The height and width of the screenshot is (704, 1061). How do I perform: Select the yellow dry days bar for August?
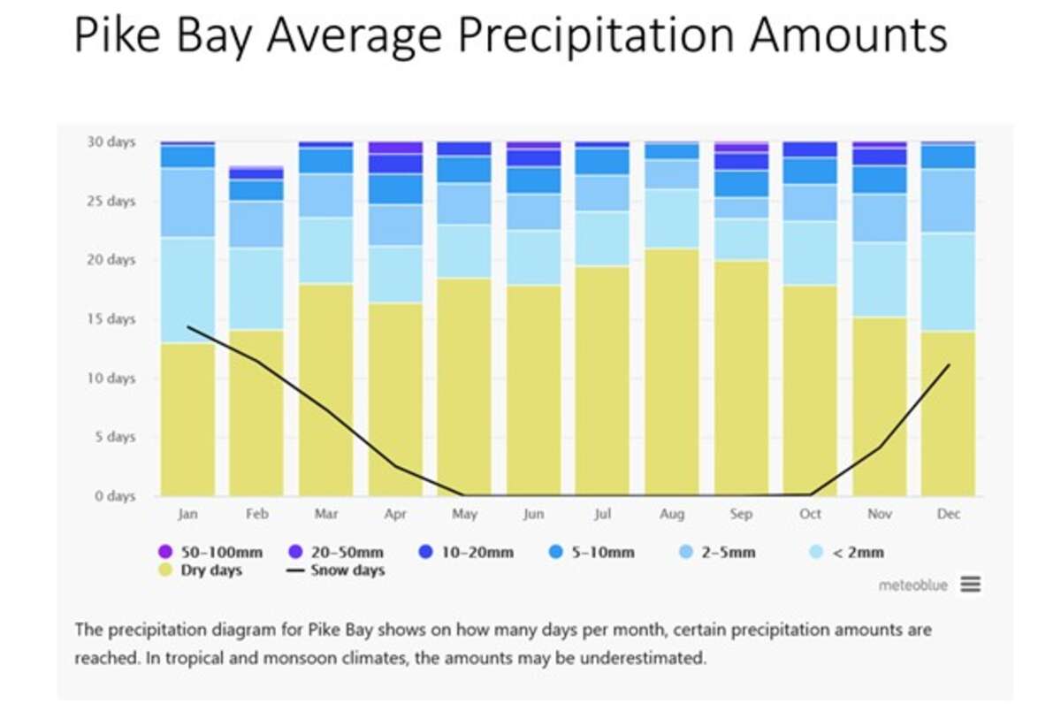point(672,371)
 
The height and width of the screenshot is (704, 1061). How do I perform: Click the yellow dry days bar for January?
point(187,419)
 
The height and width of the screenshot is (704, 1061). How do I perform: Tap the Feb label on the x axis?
point(256,514)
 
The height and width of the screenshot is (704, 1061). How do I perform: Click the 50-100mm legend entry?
point(213,553)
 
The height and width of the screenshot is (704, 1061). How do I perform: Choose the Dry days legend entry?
point(203,570)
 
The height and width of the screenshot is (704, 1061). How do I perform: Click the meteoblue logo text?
point(912,585)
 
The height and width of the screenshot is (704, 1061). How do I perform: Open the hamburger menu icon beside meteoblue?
point(971,585)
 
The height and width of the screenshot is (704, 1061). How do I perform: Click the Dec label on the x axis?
point(949,514)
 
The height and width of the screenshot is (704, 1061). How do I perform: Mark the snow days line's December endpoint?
point(949,364)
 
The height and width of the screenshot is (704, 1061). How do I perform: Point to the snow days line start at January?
point(187,327)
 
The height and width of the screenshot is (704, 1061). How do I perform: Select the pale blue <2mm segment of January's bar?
point(187,290)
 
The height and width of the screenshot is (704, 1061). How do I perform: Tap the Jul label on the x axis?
point(603,514)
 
